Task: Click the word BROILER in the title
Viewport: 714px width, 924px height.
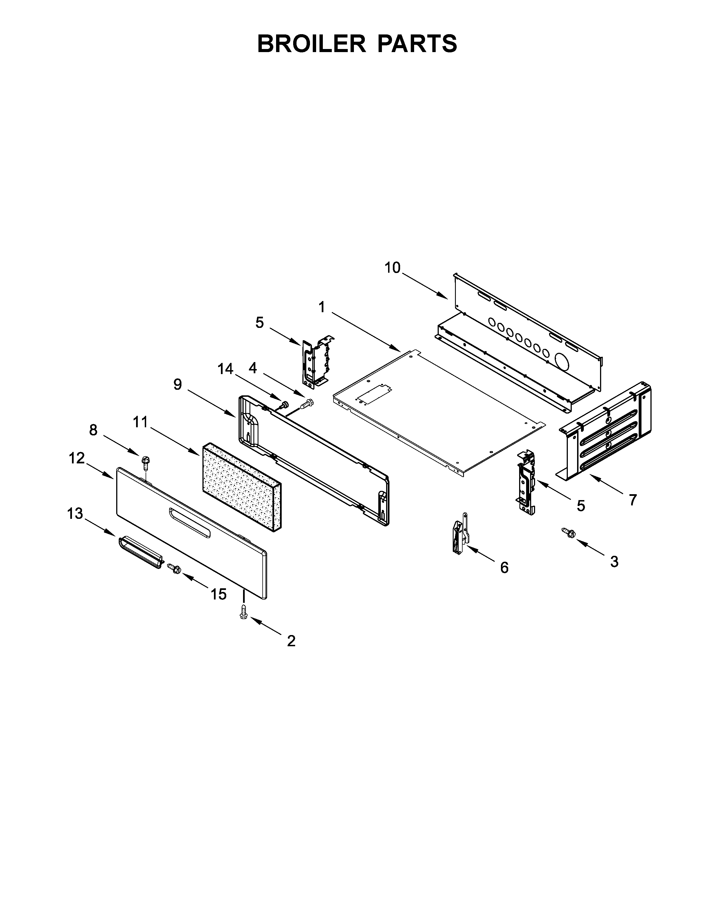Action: click(x=311, y=44)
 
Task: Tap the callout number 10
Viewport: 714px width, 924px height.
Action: click(x=392, y=268)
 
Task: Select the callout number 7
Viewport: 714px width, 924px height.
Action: click(x=632, y=500)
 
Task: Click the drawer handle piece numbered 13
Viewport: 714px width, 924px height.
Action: click(x=140, y=552)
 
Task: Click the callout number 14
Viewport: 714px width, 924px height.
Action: click(x=225, y=369)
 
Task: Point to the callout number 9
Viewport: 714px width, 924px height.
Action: click(x=178, y=384)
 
